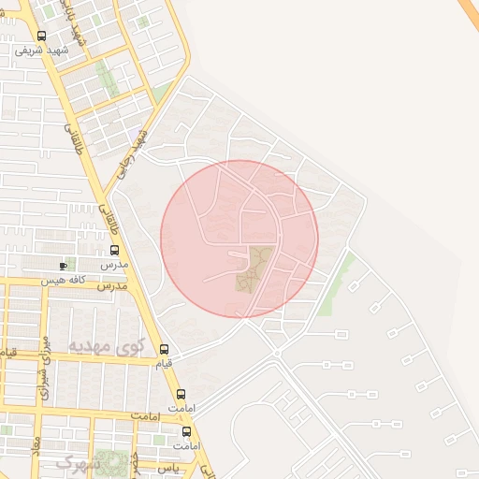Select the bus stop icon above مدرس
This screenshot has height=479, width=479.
point(115,251)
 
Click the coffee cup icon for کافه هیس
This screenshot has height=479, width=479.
point(64,266)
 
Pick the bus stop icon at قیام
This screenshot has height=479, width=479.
point(166,349)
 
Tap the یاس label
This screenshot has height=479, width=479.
point(167,465)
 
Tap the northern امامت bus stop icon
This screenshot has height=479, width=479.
point(181,395)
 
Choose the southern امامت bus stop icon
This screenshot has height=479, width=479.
point(187,432)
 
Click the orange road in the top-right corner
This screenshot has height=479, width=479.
point(469,9)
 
